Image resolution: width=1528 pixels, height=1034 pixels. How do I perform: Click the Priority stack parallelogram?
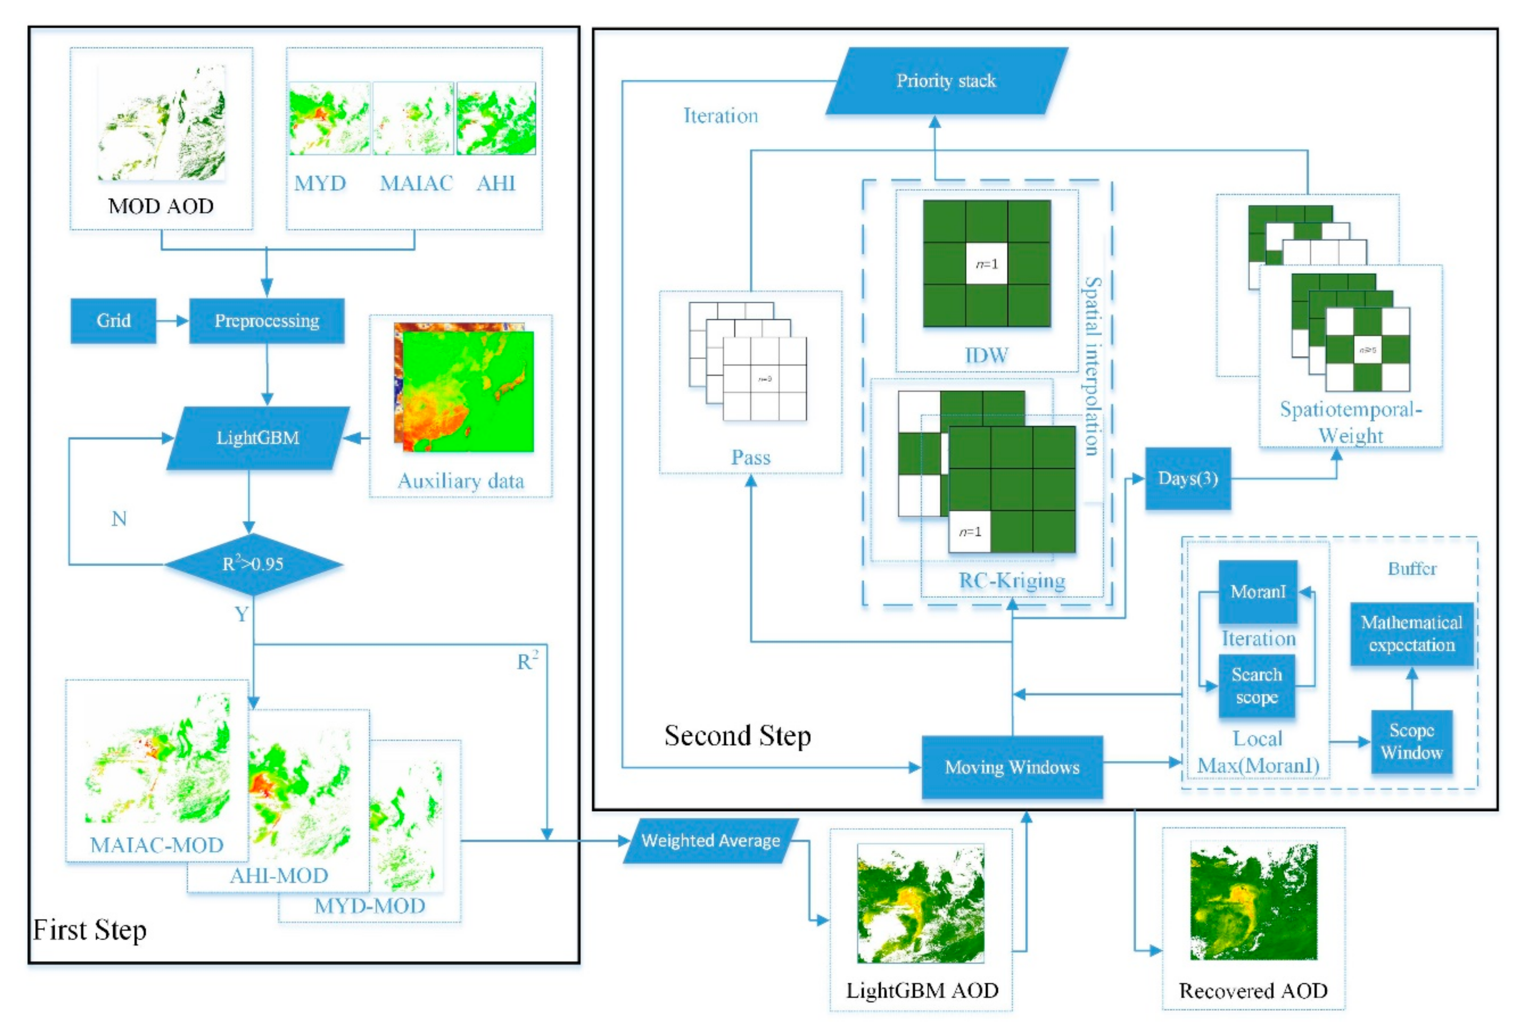tap(946, 81)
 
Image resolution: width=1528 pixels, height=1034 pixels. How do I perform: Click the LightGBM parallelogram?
tap(258, 438)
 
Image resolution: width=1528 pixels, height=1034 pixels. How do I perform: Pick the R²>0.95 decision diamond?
tap(253, 564)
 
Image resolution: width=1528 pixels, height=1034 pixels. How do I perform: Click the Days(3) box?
tap(1188, 479)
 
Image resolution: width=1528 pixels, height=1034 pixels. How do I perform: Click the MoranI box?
tap(1257, 592)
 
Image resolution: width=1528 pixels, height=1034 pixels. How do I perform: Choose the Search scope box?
tap(1256, 685)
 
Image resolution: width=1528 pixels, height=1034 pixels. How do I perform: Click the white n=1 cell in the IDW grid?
tap(986, 264)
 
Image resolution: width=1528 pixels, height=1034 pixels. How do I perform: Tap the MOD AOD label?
tap(161, 206)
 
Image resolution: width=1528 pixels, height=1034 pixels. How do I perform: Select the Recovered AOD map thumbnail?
tap(1253, 902)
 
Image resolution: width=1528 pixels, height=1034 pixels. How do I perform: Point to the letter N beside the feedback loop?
tap(119, 520)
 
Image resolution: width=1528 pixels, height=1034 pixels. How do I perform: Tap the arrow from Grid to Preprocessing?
tap(172, 321)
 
